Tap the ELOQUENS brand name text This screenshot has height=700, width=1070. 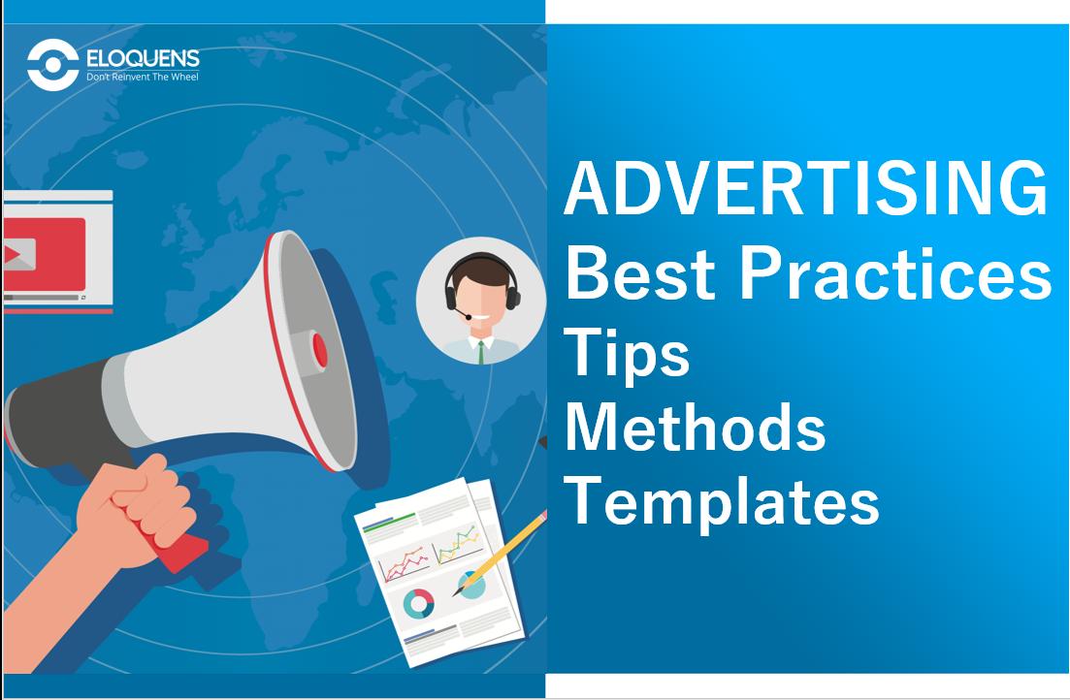pos(136,59)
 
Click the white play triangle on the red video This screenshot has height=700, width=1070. pos(12,255)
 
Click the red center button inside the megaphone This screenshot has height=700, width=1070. pos(319,350)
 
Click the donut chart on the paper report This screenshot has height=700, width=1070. pos(419,604)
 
